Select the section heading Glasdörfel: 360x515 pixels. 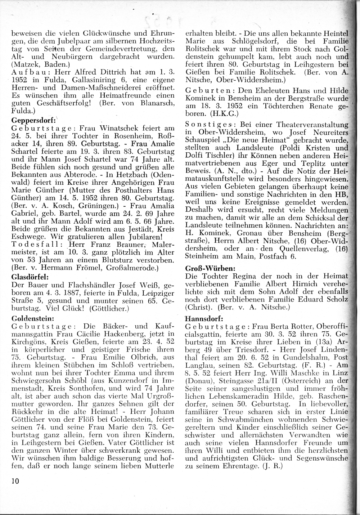[x=30, y=277]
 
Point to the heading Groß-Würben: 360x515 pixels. [x=206, y=268]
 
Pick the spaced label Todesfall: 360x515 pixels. [x=35, y=245]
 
